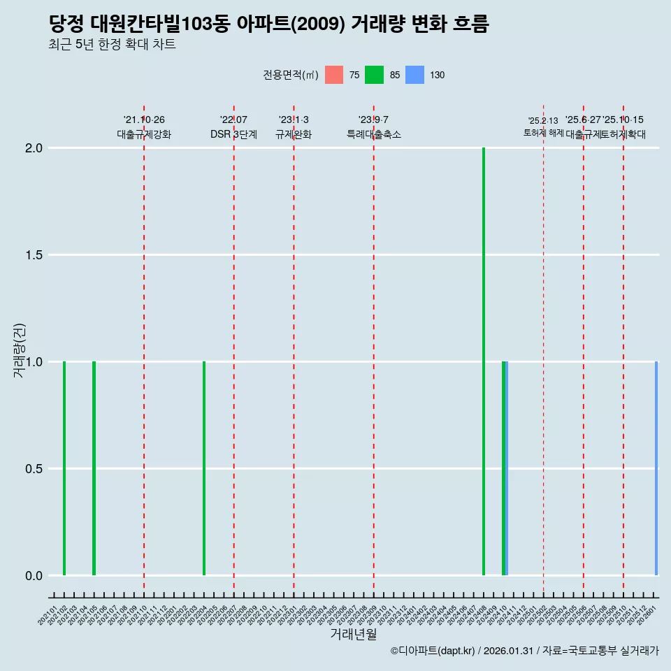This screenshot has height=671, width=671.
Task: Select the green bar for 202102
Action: [64, 468]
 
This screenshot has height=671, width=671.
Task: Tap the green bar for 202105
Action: [94, 468]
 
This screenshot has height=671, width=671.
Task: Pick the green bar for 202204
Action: [204, 468]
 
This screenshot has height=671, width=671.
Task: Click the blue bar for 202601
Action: [656, 468]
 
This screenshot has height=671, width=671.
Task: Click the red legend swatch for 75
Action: [334, 75]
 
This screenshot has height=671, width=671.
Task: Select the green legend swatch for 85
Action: [375, 75]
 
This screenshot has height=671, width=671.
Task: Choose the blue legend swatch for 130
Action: [415, 75]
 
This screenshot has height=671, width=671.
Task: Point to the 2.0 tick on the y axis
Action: [35, 148]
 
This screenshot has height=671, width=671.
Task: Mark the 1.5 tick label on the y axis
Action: [35, 255]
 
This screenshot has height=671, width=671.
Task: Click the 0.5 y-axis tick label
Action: [35, 469]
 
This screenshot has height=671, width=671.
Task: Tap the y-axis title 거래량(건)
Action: [20, 351]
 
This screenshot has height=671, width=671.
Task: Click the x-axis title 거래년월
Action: [354, 634]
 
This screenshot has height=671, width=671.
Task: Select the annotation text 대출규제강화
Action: [144, 135]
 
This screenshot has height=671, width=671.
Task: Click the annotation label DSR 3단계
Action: [233, 135]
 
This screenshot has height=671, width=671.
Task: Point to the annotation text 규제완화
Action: [294, 135]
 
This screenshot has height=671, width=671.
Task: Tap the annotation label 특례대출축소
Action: [374, 135]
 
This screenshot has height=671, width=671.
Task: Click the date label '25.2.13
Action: [543, 121]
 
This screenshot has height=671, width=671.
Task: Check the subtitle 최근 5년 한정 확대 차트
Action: [112, 45]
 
